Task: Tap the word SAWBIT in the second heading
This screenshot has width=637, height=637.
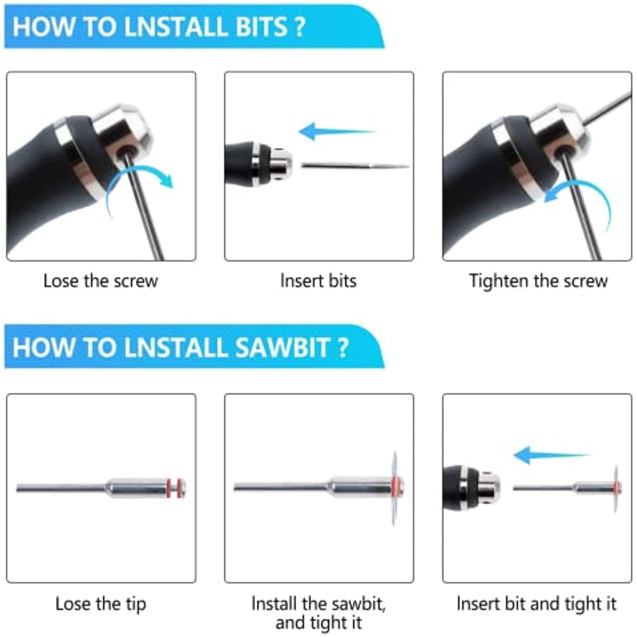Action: [x=282, y=348]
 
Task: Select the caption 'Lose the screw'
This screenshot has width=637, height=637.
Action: [x=101, y=281]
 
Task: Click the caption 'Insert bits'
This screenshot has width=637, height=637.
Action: [x=318, y=281]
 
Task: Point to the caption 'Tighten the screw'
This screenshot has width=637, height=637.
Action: [x=538, y=281]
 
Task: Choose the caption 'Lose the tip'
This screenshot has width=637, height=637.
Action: [x=101, y=604]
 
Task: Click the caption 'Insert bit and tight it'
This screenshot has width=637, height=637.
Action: [x=537, y=603]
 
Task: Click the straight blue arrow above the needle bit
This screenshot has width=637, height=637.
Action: [x=337, y=131]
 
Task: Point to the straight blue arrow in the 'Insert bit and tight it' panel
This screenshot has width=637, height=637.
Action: [x=552, y=455]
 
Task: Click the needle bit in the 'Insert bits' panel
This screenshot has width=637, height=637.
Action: [x=355, y=165]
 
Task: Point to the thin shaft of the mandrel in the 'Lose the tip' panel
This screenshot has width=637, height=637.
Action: [x=61, y=488]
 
